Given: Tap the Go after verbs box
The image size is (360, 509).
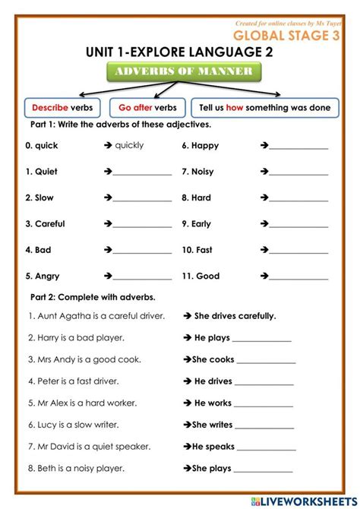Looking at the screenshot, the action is coord(147,108).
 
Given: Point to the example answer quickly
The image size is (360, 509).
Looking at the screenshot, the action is coord(129,145).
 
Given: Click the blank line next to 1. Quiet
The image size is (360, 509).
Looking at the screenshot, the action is coord(142,174).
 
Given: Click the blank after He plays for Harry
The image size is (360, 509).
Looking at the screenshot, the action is coord(262,341).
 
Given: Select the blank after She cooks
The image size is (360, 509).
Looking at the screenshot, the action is coord(266,362).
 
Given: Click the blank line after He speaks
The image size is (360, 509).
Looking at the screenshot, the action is coord(267,450).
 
